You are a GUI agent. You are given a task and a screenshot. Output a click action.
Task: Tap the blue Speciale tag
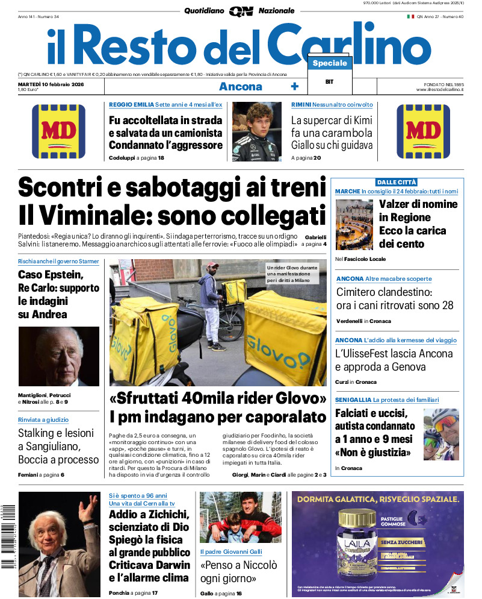pyautogui.click(x=330, y=63)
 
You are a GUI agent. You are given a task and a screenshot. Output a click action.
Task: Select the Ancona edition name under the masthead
pyautogui.click(x=240, y=86)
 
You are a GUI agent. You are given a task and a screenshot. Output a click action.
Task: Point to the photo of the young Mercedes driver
pyautogui.click(x=256, y=131)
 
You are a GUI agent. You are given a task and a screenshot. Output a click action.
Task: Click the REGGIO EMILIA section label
pyautogui.click(x=131, y=105)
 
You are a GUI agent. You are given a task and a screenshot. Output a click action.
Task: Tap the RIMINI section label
pyautogui.click(x=301, y=105)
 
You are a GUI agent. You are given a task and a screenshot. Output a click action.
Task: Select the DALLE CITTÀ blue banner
pyautogui.click(x=396, y=182)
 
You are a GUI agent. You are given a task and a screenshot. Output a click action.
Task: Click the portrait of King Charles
pyautogui.click(x=59, y=356)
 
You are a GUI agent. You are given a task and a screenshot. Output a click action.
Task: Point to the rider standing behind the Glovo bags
pyautogui.click(x=211, y=301)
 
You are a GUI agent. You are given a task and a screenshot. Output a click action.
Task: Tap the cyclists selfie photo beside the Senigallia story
pyautogui.click(x=441, y=436)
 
